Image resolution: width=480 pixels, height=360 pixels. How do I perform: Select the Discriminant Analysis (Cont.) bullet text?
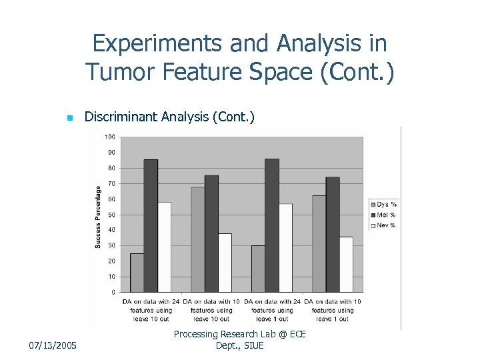[x=169, y=117]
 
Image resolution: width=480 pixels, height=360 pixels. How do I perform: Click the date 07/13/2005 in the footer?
[x=54, y=345]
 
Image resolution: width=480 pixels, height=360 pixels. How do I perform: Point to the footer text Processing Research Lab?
[x=239, y=334]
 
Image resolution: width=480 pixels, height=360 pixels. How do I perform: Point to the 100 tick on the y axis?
[x=109, y=137]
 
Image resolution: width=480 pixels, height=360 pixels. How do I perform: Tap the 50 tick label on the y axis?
[x=111, y=215]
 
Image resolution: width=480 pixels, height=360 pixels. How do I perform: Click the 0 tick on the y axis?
[x=113, y=292]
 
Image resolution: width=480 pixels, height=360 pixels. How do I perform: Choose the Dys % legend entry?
[x=383, y=203]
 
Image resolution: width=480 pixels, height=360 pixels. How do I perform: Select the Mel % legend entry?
[x=383, y=215]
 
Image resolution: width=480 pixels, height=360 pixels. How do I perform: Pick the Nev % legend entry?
[x=383, y=225]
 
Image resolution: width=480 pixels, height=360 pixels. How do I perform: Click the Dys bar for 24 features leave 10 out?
[x=137, y=273]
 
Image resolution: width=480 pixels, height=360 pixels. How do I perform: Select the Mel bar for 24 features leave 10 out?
[x=151, y=226]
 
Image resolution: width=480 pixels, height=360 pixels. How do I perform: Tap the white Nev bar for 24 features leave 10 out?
[x=164, y=247]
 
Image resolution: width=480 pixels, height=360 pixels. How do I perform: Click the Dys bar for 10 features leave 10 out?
[x=197, y=239]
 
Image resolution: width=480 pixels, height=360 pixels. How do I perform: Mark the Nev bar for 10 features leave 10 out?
[x=225, y=263]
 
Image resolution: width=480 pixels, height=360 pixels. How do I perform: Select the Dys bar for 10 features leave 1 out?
[x=319, y=243]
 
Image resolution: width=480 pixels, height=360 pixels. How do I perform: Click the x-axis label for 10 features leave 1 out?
[x=332, y=310]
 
